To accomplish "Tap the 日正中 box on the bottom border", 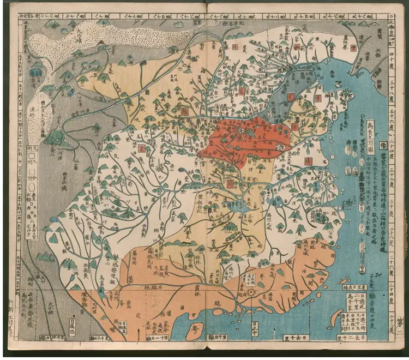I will coord(255,328).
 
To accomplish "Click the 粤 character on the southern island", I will coord(194,330).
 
